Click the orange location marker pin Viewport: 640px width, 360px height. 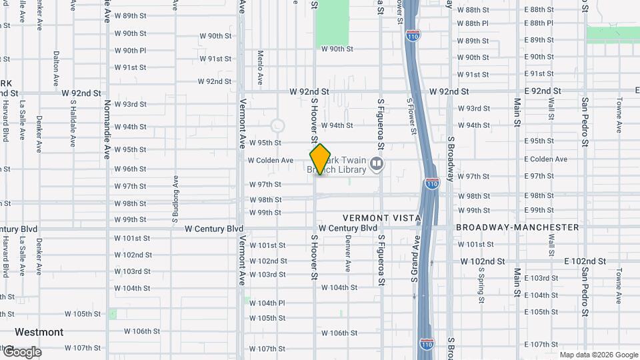[321, 159]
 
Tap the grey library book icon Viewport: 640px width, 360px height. [377, 164]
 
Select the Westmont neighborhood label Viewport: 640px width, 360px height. [39, 332]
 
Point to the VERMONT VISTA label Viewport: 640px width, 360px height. [382, 218]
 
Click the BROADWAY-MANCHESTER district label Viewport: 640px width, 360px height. [517, 227]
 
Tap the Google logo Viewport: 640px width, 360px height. [21, 352]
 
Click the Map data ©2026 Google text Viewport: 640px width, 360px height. [598, 355]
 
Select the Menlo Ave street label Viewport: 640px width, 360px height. [260, 63]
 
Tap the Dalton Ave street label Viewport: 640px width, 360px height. [56, 69]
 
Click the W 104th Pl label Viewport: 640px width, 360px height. [267, 303]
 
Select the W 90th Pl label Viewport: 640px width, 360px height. [130, 50]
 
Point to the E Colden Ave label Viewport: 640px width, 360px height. [545, 159]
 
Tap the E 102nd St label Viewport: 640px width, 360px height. [585, 261]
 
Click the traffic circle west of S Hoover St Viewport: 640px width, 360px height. [277, 125]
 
